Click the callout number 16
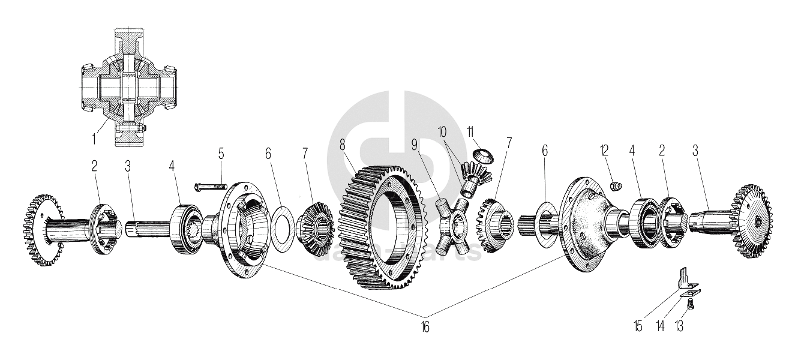point(425,326)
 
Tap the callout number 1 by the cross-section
point(94,139)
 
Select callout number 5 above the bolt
point(221,154)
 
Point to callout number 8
point(343,145)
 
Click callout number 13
point(680,327)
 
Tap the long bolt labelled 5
point(209,188)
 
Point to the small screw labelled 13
point(689,305)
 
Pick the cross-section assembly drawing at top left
point(127,87)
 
